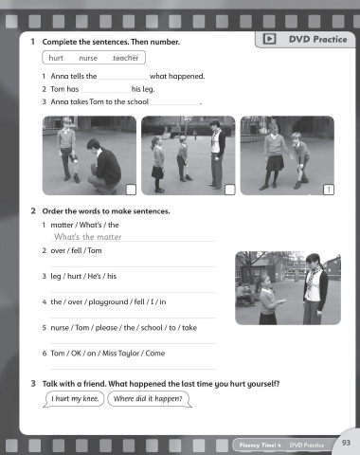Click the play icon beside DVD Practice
(269, 39)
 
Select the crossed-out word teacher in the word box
(126, 58)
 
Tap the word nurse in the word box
(88, 58)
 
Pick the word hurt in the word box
(56, 58)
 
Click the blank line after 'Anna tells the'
(123, 80)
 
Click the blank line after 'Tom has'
(105, 92)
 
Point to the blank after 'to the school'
(175, 104)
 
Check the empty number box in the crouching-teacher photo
(131, 190)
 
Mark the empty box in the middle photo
(229, 190)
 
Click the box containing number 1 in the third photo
(329, 190)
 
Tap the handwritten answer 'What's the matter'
(88, 237)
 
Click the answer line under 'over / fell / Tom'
(133, 266)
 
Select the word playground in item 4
(108, 302)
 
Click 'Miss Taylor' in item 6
(120, 354)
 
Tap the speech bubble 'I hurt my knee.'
(75, 399)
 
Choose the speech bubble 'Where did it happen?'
(149, 399)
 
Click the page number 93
(346, 443)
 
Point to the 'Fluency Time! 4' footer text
(260, 446)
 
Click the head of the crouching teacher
(94, 145)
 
